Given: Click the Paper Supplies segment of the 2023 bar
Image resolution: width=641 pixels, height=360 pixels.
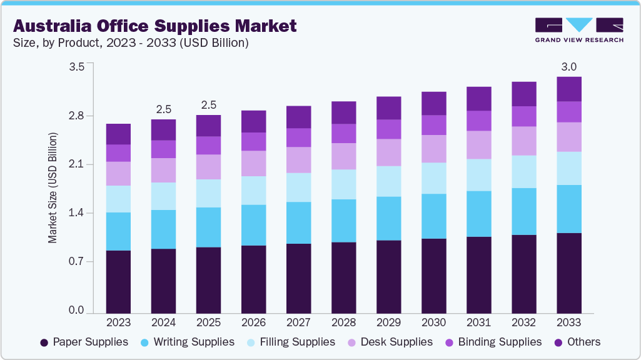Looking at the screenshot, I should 118,281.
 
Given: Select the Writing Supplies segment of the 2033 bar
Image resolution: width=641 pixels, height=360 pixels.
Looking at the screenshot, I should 569,209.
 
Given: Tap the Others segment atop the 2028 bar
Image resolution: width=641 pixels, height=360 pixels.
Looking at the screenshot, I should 343,112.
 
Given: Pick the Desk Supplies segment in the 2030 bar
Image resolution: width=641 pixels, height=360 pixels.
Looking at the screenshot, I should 433,149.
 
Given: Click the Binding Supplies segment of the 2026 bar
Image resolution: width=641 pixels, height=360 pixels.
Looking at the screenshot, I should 253,141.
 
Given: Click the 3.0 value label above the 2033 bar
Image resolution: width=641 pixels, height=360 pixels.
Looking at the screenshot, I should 569,67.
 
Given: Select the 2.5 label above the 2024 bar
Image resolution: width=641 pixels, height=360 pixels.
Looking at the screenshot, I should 163,109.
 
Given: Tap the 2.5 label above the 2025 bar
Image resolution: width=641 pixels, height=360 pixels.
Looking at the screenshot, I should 208,104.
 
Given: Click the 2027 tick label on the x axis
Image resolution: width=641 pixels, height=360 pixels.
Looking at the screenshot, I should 298,323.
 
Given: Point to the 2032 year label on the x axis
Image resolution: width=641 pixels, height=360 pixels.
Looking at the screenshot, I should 524,323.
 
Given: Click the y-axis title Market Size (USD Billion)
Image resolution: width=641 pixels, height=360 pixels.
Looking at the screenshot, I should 53,187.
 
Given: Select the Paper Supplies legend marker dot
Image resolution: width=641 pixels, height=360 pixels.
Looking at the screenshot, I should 44,342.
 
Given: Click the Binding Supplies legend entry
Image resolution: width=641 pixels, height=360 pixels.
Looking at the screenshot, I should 500,342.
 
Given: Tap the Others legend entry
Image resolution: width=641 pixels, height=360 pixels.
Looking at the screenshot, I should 583,342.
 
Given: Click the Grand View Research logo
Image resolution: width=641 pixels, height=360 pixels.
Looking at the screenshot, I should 578,29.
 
